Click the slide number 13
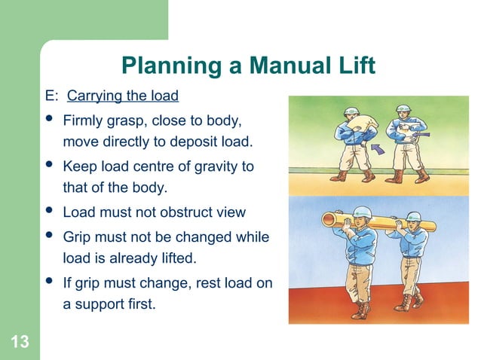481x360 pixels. click(x=20, y=343)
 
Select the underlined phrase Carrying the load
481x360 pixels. click(x=123, y=96)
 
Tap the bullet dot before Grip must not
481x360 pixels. click(x=50, y=236)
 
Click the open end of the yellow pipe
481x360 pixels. click(x=329, y=220)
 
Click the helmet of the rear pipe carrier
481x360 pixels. click(x=413, y=218)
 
